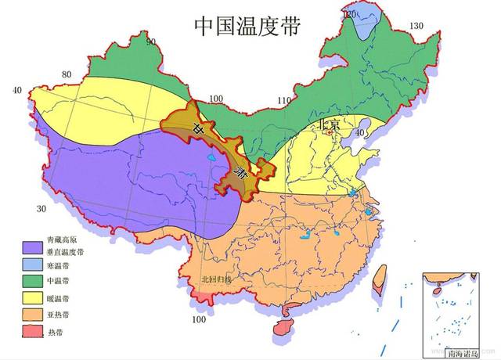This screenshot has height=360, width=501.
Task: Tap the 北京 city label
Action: (328, 124)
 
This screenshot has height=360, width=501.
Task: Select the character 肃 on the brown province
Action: (242, 174)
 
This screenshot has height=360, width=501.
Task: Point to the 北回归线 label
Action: (216, 278)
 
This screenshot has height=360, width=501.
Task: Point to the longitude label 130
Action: (416, 27)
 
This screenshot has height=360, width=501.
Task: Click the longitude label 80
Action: (67, 76)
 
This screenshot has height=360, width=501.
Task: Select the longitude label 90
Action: (150, 42)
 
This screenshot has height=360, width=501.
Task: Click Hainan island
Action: (280, 329)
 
